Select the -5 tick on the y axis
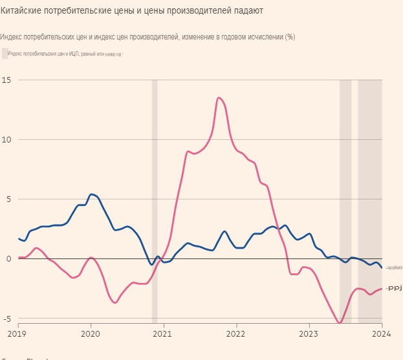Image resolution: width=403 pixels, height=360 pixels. (x=6, y=319)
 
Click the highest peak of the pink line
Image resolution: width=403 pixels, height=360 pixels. (x=219, y=98)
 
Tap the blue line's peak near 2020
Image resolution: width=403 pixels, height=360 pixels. (x=91, y=194)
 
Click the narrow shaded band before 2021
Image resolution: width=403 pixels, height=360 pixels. (x=155, y=201)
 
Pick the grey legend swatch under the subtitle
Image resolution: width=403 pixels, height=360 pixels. (x=5, y=53)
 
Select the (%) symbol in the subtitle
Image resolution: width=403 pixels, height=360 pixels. (x=290, y=37)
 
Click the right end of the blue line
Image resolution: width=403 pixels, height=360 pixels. (x=382, y=267)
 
